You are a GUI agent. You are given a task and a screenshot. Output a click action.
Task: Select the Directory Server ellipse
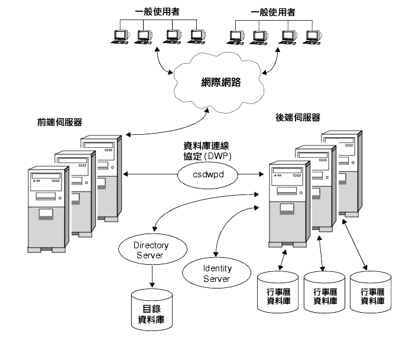tap(144, 249)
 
